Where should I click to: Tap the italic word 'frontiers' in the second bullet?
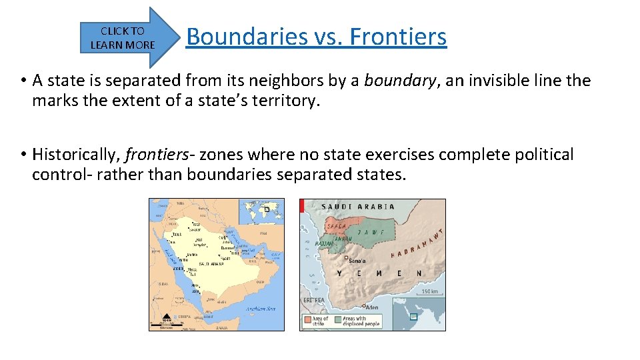click(157, 155)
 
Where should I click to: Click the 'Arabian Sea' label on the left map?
click(261, 309)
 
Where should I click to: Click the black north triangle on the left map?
click(166, 315)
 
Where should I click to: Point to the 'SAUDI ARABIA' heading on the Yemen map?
click(358, 207)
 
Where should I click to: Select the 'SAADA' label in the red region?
click(336, 226)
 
